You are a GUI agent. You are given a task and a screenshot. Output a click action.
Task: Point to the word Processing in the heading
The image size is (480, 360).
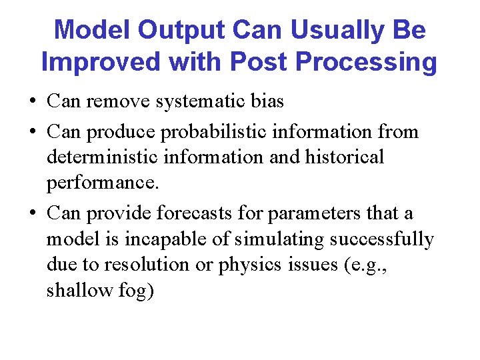(x=365, y=62)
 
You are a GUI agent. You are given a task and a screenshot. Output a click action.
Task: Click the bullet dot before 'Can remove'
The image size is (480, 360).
(x=33, y=102)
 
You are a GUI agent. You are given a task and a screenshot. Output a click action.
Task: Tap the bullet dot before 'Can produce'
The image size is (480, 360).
(x=33, y=132)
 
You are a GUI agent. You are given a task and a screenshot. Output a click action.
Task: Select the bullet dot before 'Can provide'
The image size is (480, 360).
(x=33, y=213)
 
